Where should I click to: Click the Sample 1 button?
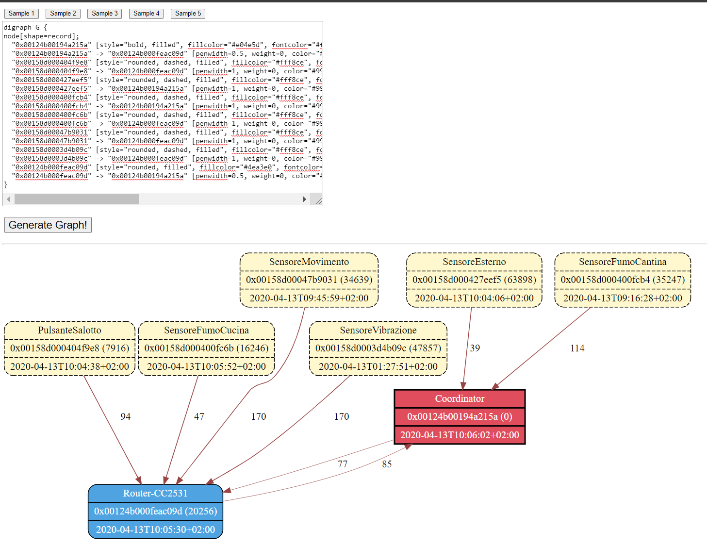[x=21, y=14]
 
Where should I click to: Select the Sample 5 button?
[x=188, y=14]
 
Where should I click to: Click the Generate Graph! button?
[x=48, y=225]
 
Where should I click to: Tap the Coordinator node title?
[x=460, y=398]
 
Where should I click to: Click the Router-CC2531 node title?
[x=155, y=493]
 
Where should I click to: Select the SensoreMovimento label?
[x=309, y=262]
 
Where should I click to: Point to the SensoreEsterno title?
[x=474, y=262]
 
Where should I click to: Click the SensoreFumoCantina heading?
[x=623, y=262]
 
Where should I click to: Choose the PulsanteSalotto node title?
[x=69, y=330]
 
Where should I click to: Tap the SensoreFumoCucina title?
[x=206, y=330]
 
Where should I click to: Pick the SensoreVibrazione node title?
[x=378, y=330]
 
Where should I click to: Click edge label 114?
[x=577, y=348]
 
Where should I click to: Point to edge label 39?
[x=475, y=348]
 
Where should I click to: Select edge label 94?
[x=125, y=416]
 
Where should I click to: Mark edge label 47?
[x=199, y=416]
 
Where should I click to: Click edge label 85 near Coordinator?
[x=387, y=464]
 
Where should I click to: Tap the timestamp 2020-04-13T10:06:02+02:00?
[x=460, y=435]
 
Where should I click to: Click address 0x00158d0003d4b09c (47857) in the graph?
[x=378, y=348]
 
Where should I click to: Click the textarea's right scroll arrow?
[x=304, y=199]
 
